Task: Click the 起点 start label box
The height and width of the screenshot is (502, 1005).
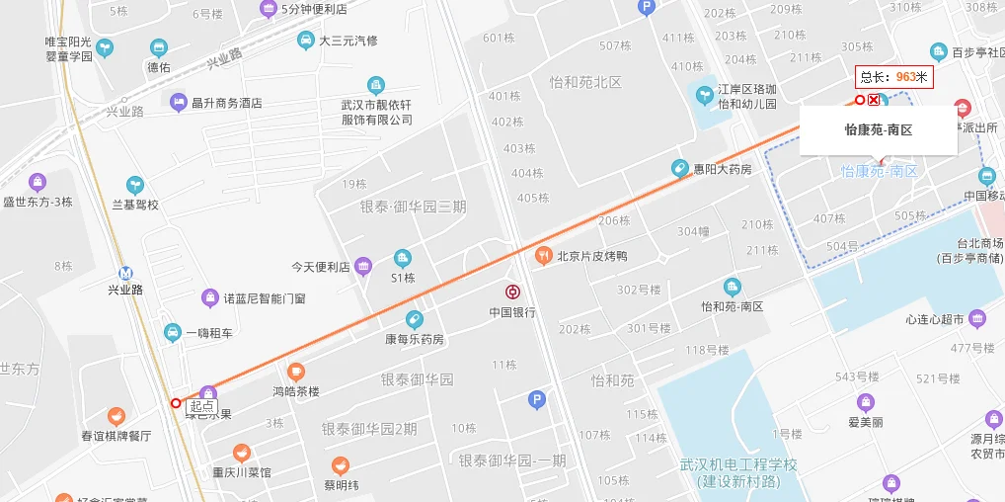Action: click(x=201, y=405)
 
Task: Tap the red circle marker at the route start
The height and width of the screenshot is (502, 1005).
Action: click(x=176, y=402)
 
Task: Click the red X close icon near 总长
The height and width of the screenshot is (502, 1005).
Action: click(x=874, y=100)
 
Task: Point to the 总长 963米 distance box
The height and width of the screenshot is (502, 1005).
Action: click(x=893, y=76)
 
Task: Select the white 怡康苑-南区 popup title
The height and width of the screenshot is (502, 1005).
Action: click(x=878, y=129)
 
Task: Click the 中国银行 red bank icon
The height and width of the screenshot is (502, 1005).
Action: click(x=512, y=292)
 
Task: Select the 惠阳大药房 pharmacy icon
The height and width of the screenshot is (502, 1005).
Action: click(x=679, y=169)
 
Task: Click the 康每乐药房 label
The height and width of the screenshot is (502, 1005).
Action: click(x=414, y=339)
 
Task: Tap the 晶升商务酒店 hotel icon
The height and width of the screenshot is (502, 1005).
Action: click(x=178, y=102)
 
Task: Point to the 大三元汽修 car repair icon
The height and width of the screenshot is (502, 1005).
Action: click(x=305, y=41)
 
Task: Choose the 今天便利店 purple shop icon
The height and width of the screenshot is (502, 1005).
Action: click(x=363, y=266)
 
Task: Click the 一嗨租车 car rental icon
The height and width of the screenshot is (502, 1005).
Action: click(x=172, y=332)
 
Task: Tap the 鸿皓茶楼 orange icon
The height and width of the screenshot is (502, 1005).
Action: click(x=295, y=373)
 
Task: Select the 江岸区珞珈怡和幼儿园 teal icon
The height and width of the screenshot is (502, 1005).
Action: click(x=705, y=96)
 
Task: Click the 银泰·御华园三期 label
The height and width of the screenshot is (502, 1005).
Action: click(x=413, y=207)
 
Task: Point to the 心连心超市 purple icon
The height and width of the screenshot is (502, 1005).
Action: click(x=977, y=318)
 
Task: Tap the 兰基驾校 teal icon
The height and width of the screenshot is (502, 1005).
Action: click(x=134, y=185)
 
